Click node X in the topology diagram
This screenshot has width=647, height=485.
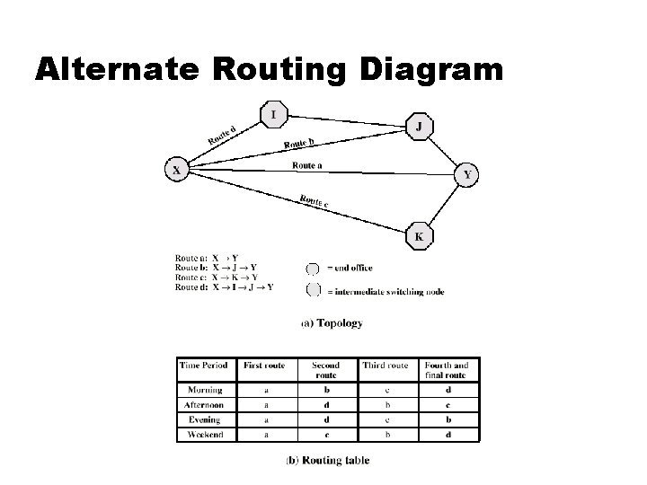176,169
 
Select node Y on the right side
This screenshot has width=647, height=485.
466,175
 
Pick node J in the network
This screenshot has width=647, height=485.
420,127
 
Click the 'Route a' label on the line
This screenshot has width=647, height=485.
308,164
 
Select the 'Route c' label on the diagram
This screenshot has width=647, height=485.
314,202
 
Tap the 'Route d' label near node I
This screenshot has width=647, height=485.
222,135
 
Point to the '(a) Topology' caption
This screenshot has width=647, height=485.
332,323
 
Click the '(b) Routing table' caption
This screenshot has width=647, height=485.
327,461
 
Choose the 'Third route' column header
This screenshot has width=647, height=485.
386,366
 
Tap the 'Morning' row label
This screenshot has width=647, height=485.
206,391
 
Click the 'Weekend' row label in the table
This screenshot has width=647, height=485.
206,435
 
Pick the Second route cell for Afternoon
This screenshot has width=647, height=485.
325,405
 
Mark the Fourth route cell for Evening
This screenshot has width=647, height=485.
447,419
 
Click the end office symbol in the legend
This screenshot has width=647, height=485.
313,268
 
